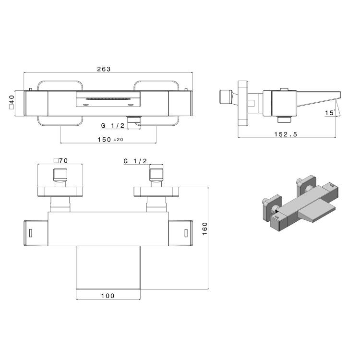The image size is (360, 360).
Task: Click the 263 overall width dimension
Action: coord(104,69)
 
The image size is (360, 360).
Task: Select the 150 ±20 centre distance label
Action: coord(110,139)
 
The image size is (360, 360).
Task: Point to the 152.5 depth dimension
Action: coord(286,134)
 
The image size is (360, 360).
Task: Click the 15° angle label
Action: coord(330,112)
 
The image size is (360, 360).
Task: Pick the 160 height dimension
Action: coord(204,228)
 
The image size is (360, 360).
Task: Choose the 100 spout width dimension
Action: coord(108,296)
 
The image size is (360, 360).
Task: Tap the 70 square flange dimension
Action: coord(61,160)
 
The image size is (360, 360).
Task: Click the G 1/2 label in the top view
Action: coord(113,125)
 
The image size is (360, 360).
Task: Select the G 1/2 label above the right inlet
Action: coord(135,161)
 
